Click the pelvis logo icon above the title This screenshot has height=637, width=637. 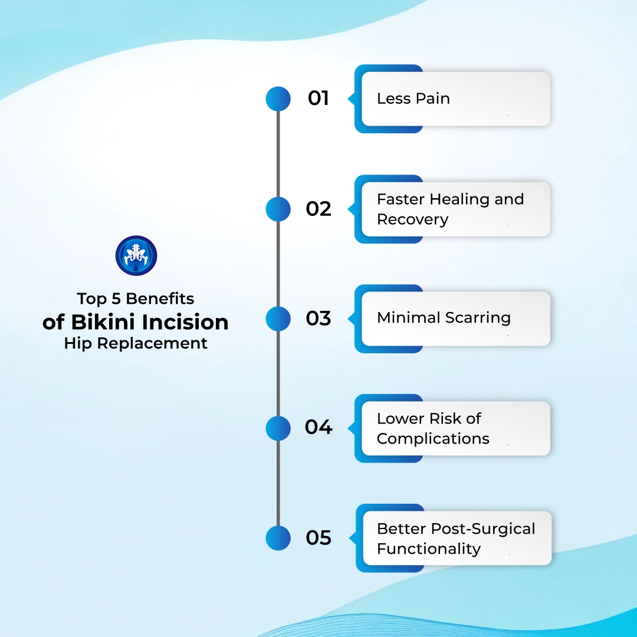click(x=136, y=256)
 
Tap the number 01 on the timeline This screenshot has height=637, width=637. click(x=318, y=98)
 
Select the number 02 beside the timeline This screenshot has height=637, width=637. click(x=318, y=209)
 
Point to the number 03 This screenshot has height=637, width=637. click(x=318, y=318)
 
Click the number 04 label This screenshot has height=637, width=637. click(x=318, y=427)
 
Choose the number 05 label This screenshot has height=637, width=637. click(x=318, y=538)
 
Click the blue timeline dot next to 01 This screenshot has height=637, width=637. click(x=278, y=98)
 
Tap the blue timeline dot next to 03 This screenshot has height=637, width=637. click(x=278, y=318)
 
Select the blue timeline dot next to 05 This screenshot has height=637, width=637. click(x=278, y=538)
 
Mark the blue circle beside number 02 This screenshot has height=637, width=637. click(x=278, y=209)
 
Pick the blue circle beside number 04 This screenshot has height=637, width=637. click(x=278, y=428)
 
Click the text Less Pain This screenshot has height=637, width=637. click(x=413, y=98)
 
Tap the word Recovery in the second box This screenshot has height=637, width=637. click(x=412, y=219)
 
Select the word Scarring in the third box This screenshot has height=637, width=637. click(x=478, y=318)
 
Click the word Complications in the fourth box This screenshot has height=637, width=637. click(x=433, y=439)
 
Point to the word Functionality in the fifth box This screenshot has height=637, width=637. click(x=429, y=549)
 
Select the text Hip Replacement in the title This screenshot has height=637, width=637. click(x=136, y=343)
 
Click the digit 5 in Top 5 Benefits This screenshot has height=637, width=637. click(x=116, y=298)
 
